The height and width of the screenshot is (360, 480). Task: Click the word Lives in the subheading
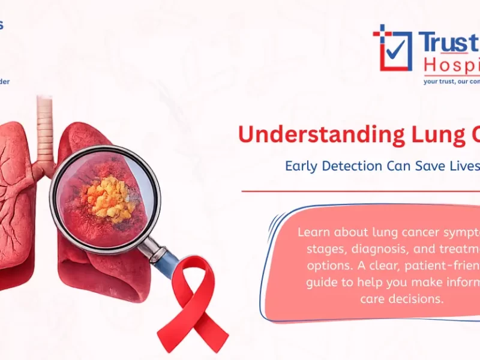coord(457,166)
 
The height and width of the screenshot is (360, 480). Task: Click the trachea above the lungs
coord(45,129)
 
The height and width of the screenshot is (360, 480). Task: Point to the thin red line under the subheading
coord(360,192)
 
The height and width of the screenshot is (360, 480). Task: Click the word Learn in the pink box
coord(314,232)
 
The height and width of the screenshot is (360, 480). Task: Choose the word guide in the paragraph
coord(323,281)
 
